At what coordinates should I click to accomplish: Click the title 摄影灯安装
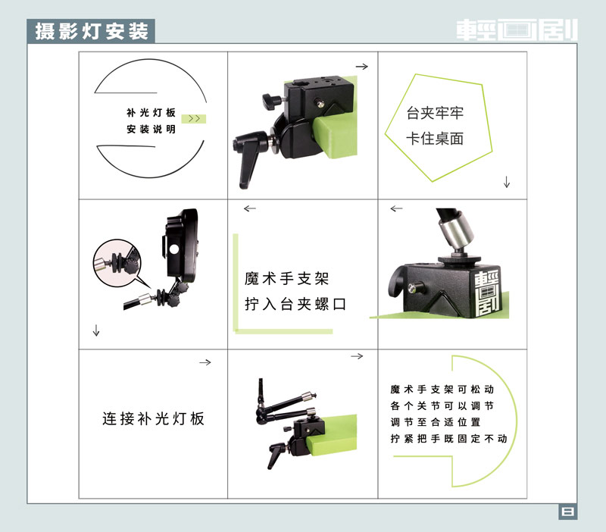(x=92, y=31)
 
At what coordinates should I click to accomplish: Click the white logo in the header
(x=517, y=30)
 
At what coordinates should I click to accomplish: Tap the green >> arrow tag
(x=194, y=119)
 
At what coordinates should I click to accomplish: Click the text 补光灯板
(x=151, y=112)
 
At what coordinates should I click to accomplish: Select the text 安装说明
(x=151, y=129)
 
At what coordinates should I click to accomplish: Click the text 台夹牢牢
(x=435, y=113)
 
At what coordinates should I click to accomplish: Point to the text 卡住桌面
(x=435, y=139)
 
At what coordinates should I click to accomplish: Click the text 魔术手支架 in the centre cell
(x=286, y=278)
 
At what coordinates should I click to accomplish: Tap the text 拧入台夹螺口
(x=295, y=305)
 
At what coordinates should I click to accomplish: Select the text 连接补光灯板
(x=154, y=419)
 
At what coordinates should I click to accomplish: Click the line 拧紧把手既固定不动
(x=448, y=439)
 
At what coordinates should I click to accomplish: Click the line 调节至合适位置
(x=436, y=422)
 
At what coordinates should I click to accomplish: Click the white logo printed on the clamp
(x=488, y=293)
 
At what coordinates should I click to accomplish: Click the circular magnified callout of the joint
(x=117, y=263)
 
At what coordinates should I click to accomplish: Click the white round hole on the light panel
(x=174, y=249)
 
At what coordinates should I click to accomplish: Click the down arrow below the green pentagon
(x=507, y=182)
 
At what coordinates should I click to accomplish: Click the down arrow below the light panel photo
(x=96, y=330)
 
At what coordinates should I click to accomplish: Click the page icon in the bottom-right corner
(x=568, y=512)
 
